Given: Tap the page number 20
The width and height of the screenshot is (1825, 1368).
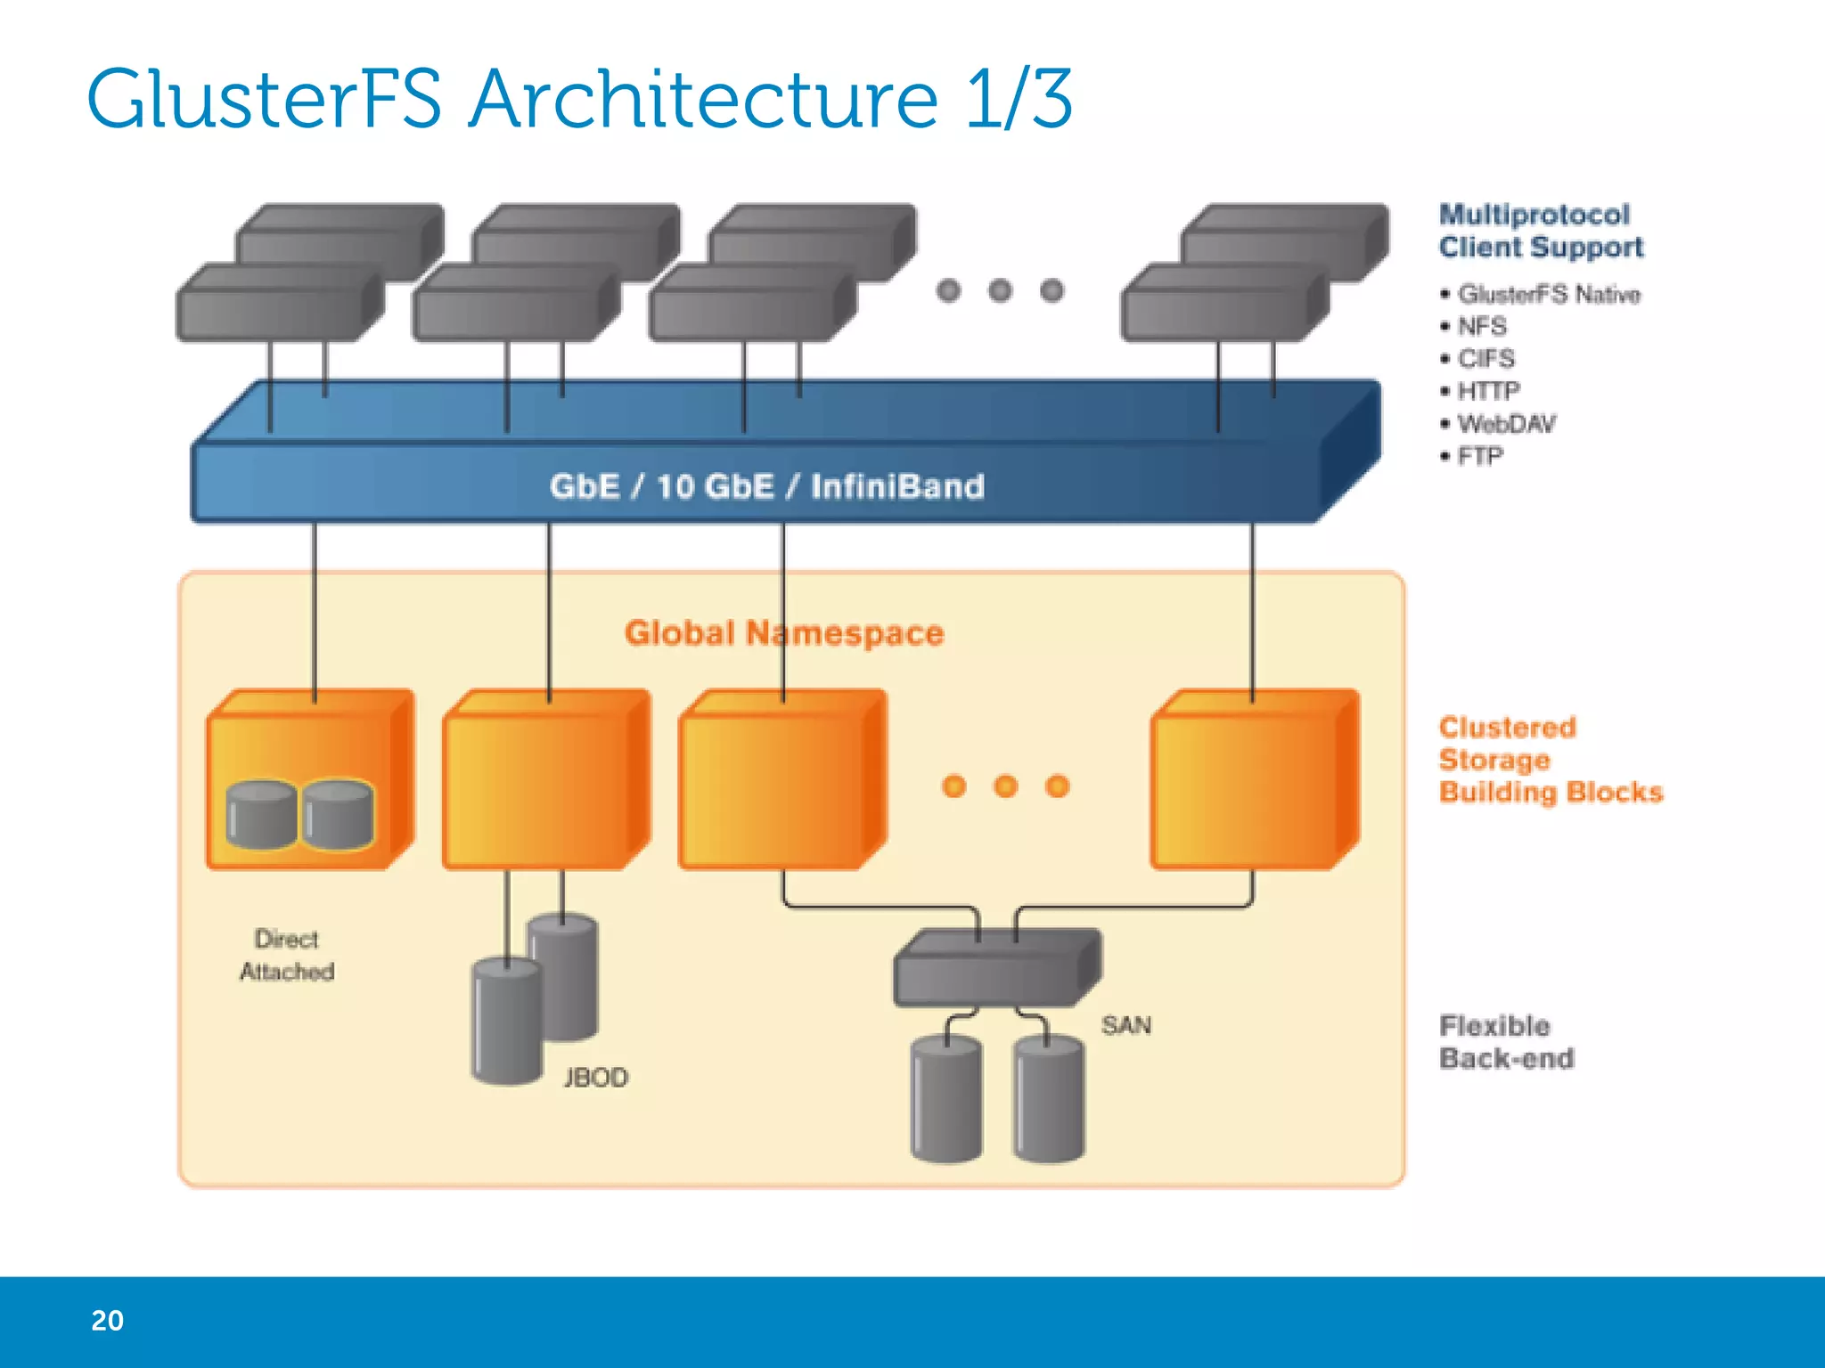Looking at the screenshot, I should pos(107,1320).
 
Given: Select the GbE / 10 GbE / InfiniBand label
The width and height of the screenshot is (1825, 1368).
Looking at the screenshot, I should pos(766,486).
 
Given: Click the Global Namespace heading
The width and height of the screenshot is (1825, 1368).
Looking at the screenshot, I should pos(784,632).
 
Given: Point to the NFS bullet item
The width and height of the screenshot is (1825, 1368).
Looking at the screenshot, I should pos(1482,326).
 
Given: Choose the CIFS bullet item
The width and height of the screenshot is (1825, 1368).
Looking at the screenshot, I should pos(1485,358).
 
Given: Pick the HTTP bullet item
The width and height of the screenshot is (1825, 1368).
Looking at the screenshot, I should pos(1488,391).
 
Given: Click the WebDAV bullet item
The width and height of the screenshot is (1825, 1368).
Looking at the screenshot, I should pos(1506,423).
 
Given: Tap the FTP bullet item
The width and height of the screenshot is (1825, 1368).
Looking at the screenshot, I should pos(1480,456).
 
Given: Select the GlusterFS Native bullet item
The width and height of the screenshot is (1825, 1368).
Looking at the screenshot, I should pos(1549,294).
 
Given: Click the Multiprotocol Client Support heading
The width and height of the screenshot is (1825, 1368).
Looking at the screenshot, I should pos(1541,231).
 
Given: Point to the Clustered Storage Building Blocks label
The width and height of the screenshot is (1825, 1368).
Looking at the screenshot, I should pos(1551,760).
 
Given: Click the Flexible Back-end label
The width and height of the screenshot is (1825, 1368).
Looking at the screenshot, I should pos(1506,1042).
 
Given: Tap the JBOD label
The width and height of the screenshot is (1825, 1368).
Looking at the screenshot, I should pos(595,1078).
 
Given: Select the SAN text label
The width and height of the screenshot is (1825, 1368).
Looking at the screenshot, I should pos(1125,1025).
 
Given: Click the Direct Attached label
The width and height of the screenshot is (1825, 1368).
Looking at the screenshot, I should pos(287,955).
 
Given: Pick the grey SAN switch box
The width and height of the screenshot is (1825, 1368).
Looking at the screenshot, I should pos(996,969).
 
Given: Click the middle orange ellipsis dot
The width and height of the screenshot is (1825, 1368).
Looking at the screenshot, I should pos(1005,786).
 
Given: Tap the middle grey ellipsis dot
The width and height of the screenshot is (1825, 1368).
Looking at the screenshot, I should pos(1000,290).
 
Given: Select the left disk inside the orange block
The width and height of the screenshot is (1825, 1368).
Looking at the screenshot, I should pos(261,815).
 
